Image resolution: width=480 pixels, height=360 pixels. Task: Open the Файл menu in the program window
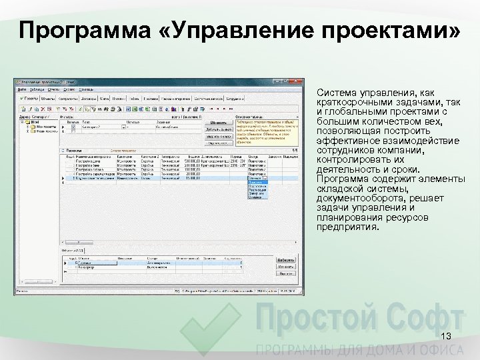[x=21, y=89]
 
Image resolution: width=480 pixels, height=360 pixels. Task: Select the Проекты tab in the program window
[x=30, y=99]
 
